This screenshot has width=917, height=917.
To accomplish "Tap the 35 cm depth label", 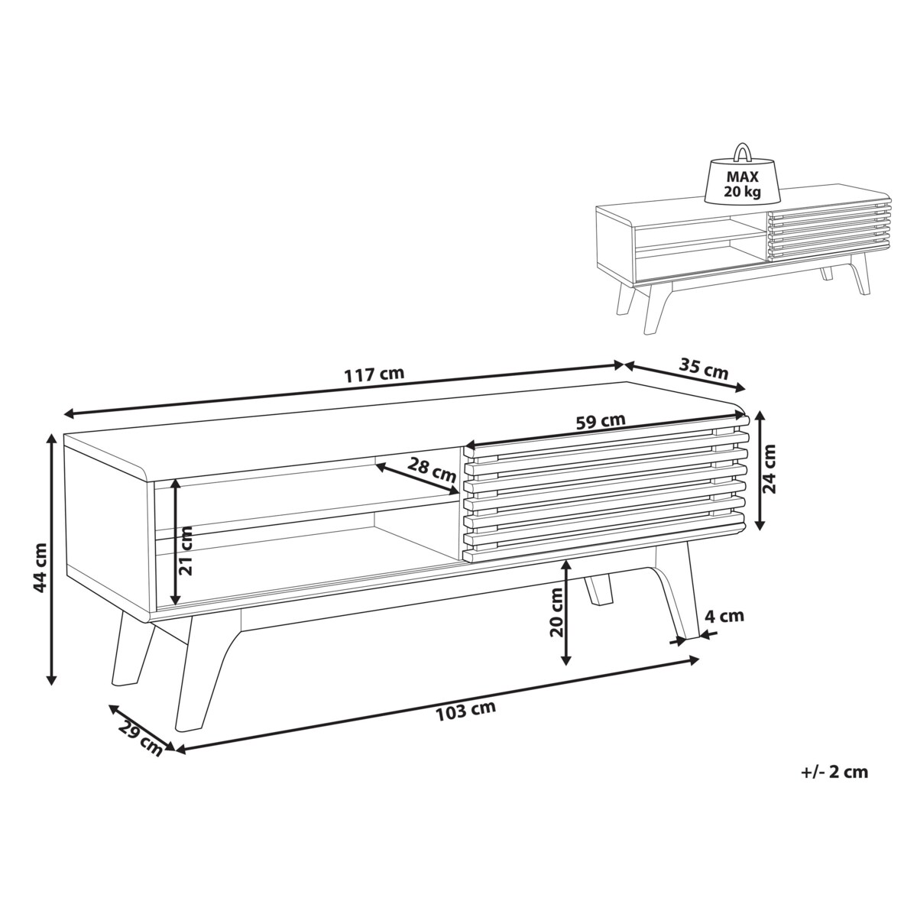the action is [703, 370].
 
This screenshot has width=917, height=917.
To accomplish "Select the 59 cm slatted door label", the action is [600, 422].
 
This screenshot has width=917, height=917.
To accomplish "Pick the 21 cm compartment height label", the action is [186, 550].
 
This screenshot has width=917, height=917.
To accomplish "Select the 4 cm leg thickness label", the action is [724, 616].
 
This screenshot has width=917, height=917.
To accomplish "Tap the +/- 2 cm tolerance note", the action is [834, 786].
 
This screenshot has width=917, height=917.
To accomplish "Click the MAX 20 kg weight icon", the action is [742, 181].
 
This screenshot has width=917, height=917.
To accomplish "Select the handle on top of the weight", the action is [742, 152].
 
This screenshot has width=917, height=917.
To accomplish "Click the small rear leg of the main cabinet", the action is [598, 589].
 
